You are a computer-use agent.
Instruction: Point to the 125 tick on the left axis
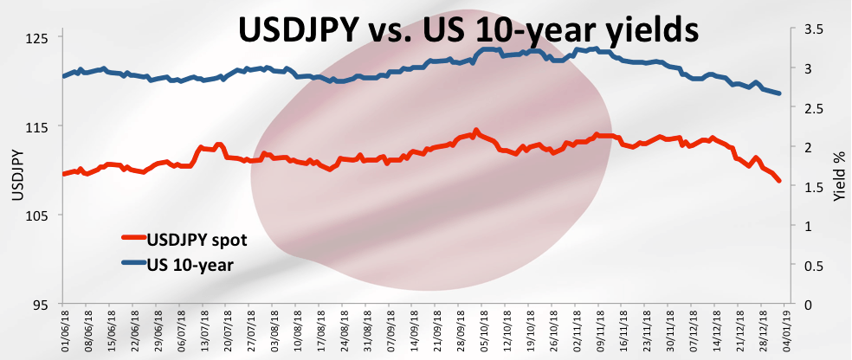click(x=39, y=38)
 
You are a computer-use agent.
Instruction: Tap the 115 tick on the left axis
click(x=39, y=126)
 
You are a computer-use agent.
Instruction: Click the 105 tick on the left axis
click(x=39, y=215)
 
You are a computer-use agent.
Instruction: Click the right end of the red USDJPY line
click(x=780, y=181)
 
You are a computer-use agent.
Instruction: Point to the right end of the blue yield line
click(x=780, y=93)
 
